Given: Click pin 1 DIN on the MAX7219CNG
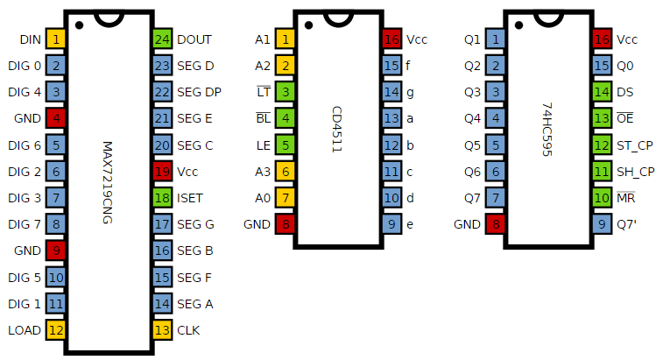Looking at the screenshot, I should pyautogui.click(x=56, y=39).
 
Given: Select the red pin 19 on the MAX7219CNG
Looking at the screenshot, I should pyautogui.click(x=162, y=172).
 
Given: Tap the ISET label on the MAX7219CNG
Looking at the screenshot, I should pyautogui.click(x=190, y=198).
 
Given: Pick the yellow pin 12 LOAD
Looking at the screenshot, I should pyautogui.click(x=56, y=330).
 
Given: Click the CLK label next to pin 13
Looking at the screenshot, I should pyautogui.click(x=188, y=330).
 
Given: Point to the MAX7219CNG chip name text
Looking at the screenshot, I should pyautogui.click(x=109, y=184).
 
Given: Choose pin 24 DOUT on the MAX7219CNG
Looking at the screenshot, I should pyautogui.click(x=162, y=39).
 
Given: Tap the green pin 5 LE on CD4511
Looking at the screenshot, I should pyautogui.click(x=285, y=145).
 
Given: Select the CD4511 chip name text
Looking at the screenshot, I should pyautogui.click(x=337, y=131).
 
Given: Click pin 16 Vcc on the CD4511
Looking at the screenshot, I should pyautogui.click(x=391, y=39).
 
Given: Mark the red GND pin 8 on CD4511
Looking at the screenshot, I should pyautogui.click(x=285, y=224).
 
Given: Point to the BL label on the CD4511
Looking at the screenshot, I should pyautogui.click(x=263, y=118).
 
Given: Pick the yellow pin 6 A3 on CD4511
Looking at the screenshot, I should pyautogui.click(x=285, y=172).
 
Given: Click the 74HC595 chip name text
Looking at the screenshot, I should pyautogui.click(x=548, y=131).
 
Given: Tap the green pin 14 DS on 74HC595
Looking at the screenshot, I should pyautogui.click(x=602, y=92).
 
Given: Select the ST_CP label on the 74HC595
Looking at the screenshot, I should pyautogui.click(x=635, y=145).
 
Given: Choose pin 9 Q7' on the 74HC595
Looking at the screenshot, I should pyautogui.click(x=602, y=224).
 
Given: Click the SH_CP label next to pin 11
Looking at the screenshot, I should pyautogui.click(x=635, y=172).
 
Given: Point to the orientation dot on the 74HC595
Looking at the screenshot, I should pyautogui.click(x=518, y=24).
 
